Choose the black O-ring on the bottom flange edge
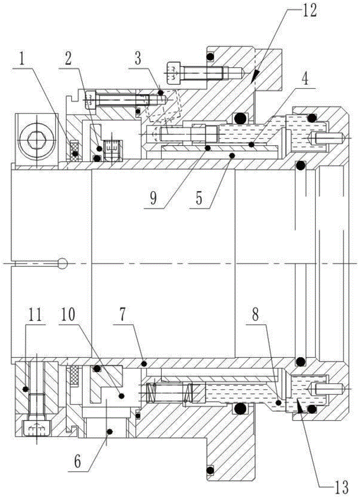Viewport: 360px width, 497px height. [210, 469]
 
